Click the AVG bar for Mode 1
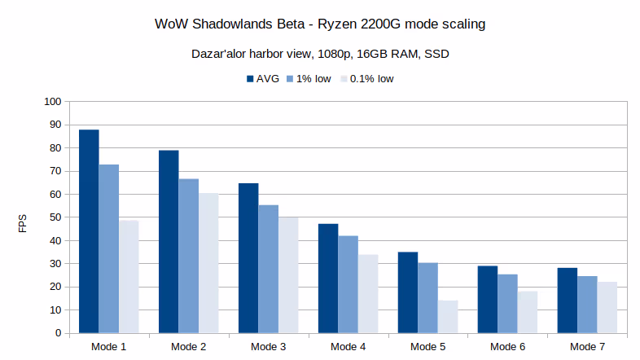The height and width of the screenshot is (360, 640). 89,231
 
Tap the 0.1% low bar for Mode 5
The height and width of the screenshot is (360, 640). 448,317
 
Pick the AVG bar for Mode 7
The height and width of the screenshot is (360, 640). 568,301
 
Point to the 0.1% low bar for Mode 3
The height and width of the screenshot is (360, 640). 288,275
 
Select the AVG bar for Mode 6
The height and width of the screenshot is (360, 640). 488,300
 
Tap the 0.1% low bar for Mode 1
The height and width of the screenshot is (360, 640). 129,277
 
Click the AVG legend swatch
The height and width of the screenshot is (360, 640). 251,79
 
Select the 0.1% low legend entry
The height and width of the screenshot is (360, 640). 371,79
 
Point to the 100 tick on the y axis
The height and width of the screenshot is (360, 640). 53,102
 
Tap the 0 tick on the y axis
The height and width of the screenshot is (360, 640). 58,333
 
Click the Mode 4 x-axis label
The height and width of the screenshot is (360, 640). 348,346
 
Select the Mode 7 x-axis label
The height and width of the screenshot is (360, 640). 588,346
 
